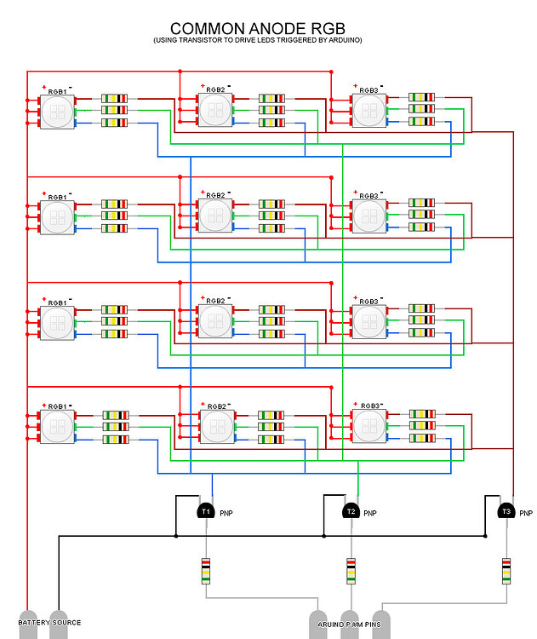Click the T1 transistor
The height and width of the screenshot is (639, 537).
(205, 511)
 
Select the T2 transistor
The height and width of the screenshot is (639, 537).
(350, 511)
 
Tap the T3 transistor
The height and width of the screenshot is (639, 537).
(506, 511)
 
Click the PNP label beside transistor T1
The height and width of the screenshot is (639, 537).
(226, 514)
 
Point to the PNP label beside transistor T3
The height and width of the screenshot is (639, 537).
(526, 514)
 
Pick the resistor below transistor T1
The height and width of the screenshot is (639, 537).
(205, 570)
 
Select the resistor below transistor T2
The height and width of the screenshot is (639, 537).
(350, 570)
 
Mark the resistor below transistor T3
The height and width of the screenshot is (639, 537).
(506, 570)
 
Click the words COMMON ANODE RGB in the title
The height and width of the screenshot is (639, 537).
(257, 28)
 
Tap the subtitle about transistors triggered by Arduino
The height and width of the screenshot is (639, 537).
(257, 40)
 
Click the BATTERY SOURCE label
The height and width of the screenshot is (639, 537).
(49, 623)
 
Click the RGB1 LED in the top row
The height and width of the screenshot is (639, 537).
(57, 111)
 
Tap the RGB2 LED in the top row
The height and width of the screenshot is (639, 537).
(215, 110)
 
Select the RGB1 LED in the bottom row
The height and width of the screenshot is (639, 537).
(57, 427)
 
